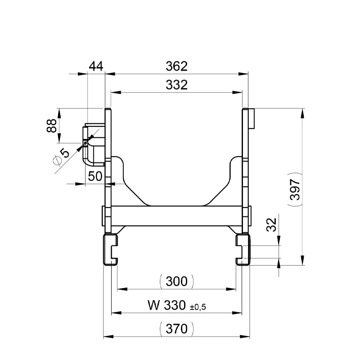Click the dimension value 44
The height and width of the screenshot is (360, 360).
(x=96, y=66)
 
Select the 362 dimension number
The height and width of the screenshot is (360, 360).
(x=176, y=66)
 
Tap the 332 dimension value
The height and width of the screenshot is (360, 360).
(x=176, y=85)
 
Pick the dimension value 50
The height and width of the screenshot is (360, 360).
(x=95, y=176)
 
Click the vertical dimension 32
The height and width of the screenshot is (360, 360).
(x=271, y=225)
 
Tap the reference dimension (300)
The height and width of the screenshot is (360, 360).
(x=176, y=282)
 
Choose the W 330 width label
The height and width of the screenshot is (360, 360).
(x=165, y=306)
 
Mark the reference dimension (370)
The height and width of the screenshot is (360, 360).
(x=176, y=329)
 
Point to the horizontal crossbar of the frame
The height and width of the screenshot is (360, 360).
(x=176, y=216)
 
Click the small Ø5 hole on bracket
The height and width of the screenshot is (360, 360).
(x=85, y=144)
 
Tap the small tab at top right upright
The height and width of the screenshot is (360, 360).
(x=252, y=118)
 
